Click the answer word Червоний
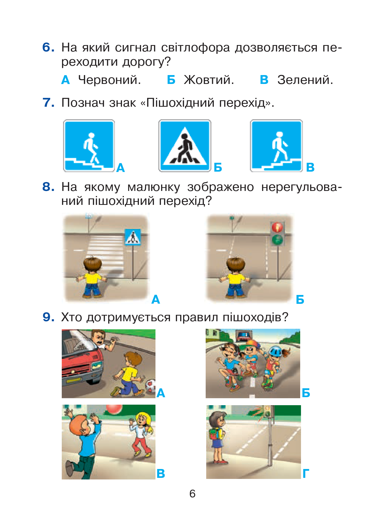coord(110,80)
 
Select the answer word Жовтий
coord(209,80)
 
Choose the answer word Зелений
coord(305,80)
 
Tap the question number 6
coord(48,47)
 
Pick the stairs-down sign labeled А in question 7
coord(89,146)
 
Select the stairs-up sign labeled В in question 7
coord(276,146)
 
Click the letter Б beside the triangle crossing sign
coord(218,167)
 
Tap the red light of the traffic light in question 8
coord(277,227)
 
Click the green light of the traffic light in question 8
coord(277,239)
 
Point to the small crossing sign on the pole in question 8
coord(133,237)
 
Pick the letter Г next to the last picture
coord(306,474)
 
